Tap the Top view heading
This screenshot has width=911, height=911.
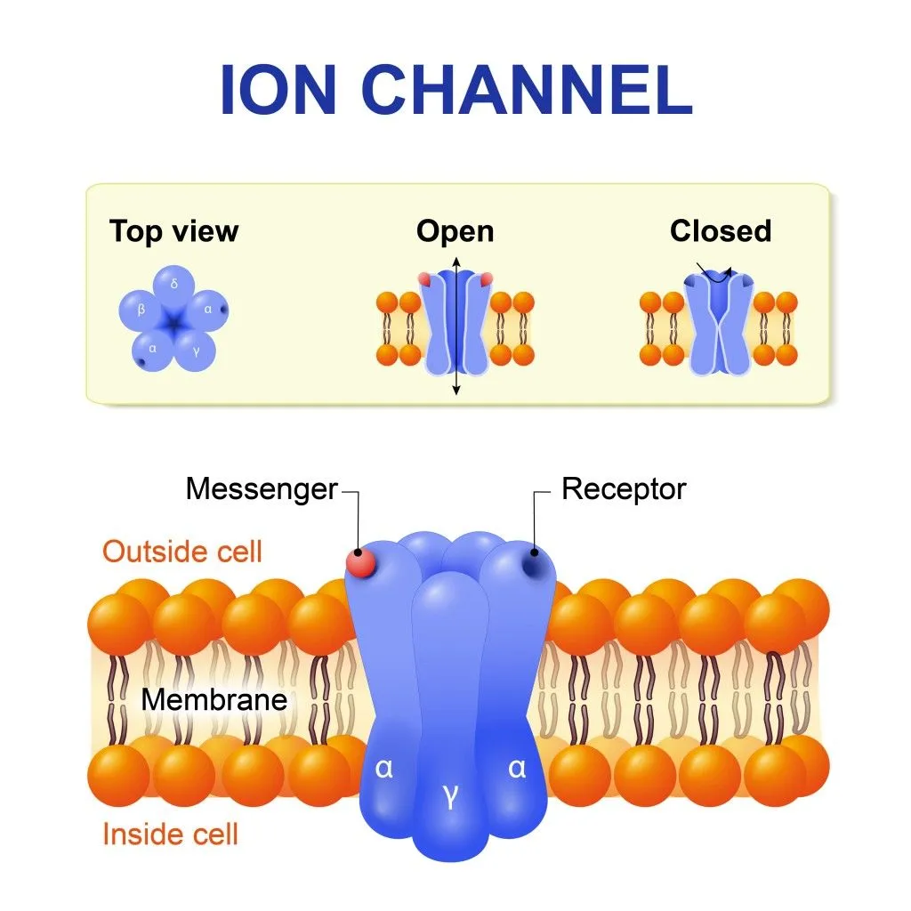point(174,231)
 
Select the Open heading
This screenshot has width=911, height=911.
point(455,232)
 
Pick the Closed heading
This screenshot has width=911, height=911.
point(721,231)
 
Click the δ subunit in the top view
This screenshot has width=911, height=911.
point(174,285)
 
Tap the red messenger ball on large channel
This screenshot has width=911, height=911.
point(361,563)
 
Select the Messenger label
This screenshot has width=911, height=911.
point(262,489)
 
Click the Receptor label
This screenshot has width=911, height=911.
point(624,489)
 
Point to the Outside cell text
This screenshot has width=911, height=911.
point(182,552)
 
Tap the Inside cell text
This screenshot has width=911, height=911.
point(171,834)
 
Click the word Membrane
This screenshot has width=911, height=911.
point(214,699)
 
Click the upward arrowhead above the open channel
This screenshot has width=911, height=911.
point(455,261)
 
